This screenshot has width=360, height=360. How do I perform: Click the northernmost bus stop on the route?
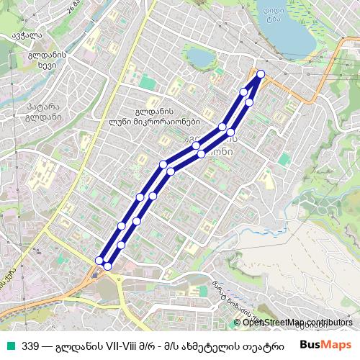pos(260,74)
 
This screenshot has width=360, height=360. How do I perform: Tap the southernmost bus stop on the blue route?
pos(107,266)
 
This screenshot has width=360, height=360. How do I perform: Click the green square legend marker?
pos(9,344)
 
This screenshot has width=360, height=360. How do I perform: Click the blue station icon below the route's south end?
pos(96,272)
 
